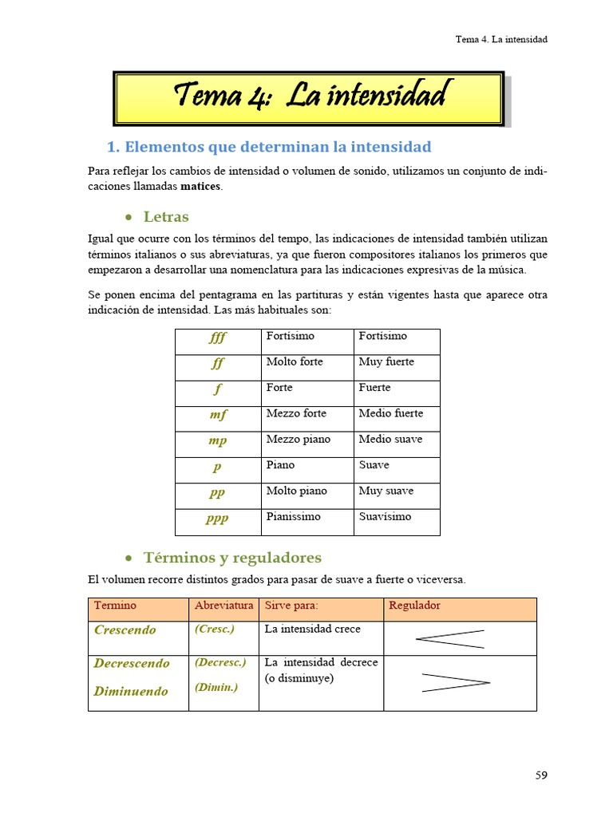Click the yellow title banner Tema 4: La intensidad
coord(308,97)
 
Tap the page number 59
coord(540,775)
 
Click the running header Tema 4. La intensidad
coord(501,39)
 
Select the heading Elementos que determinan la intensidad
coord(269,147)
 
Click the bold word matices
coord(201,186)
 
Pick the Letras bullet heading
coord(165,217)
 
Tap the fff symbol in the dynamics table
coord(218,337)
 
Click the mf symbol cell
coord(218,415)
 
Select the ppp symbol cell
coord(217,518)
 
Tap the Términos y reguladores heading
coord(231,558)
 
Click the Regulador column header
coord(414,606)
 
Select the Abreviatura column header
coord(224,606)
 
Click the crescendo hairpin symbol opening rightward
coord(450,639)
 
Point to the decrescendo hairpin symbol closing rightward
coord(455,682)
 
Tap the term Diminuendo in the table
coord(131,692)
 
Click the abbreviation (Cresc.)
coord(215,629)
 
